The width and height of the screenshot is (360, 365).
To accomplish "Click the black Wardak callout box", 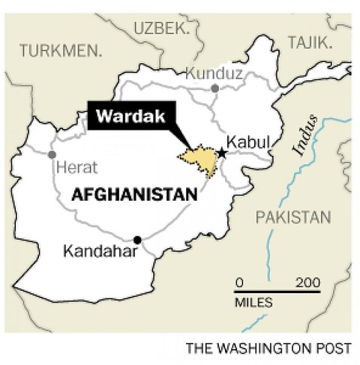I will tap(131, 115).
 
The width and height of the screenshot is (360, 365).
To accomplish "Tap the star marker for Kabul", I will tap(222, 153).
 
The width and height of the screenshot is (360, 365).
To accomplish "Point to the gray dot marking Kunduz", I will tap(214, 88).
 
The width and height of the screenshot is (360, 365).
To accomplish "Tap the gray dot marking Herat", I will tap(52, 154).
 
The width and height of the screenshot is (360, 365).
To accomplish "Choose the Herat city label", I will tap(76, 168).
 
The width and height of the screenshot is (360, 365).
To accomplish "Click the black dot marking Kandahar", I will tap(137, 240).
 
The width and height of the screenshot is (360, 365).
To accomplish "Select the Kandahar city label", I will tap(100, 252).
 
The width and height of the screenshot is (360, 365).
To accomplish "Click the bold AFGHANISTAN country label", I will tap(134, 195).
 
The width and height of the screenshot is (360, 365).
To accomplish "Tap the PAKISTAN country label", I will tap(292, 217).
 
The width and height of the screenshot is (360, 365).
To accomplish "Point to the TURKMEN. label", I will tap(61, 51).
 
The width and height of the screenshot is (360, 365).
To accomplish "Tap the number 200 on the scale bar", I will tap(308, 282).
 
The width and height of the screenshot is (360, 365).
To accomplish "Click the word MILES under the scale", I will tap(253, 303).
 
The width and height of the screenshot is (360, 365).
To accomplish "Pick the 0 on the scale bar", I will tap(239, 282).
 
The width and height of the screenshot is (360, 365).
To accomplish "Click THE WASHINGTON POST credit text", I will tap(268, 349).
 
